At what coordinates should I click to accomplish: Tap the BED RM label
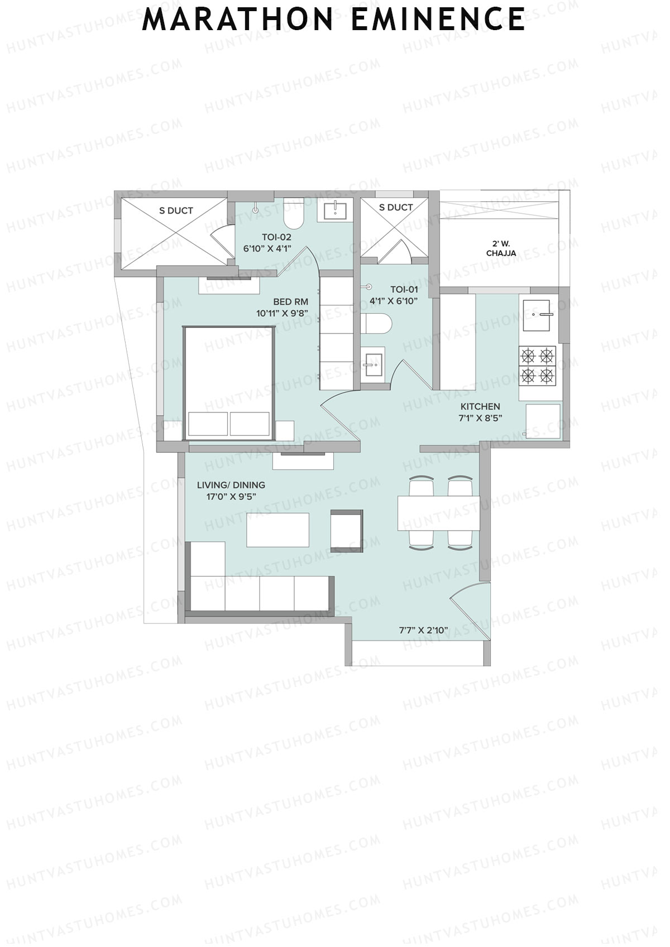[290, 302]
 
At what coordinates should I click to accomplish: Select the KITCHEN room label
[480, 406]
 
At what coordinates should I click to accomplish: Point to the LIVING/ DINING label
[231, 485]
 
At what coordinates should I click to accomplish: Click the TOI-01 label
[404, 289]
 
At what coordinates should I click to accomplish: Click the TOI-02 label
[276, 237]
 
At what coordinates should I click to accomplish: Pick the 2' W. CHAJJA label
[501, 248]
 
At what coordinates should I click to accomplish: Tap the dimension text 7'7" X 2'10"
[423, 631]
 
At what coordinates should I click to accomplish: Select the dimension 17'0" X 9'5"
[231, 496]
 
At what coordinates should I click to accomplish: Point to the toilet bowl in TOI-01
[376, 324]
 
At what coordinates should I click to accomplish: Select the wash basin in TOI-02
[335, 211]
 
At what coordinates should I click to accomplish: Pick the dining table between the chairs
[438, 513]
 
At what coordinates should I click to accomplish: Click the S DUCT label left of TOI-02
[176, 210]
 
